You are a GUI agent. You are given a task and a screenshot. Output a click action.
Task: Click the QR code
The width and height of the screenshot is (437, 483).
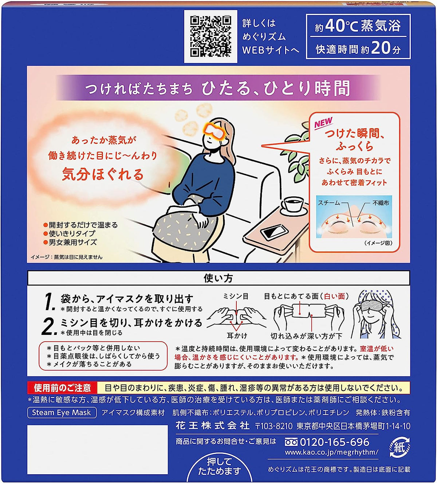tap(210, 36)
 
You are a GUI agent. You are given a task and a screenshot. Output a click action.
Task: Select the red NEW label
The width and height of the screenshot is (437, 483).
tap(323, 123)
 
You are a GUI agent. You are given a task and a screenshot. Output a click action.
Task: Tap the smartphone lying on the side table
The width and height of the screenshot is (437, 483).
tap(274, 232)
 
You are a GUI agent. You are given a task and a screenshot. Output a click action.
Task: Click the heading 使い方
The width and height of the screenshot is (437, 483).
tap(218, 278)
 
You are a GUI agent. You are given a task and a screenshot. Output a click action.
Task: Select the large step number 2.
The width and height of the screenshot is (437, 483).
tap(49, 326)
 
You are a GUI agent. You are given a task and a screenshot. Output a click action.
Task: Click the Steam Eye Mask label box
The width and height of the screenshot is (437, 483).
tap(62, 412)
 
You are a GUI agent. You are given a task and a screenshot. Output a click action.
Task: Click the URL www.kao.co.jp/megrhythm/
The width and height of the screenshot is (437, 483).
tap(332, 452)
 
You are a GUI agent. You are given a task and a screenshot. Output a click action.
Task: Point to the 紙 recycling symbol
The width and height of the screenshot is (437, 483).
tap(399, 448)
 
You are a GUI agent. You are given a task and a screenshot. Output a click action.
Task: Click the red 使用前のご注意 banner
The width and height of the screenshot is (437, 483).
tap(62, 388)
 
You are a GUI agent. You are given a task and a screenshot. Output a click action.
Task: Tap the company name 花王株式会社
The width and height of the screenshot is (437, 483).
tap(212, 426)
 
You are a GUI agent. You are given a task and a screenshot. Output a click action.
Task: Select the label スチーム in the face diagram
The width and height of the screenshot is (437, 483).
tap(329, 203)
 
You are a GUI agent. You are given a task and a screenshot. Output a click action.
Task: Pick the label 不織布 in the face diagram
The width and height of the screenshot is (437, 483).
tap(381, 203)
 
